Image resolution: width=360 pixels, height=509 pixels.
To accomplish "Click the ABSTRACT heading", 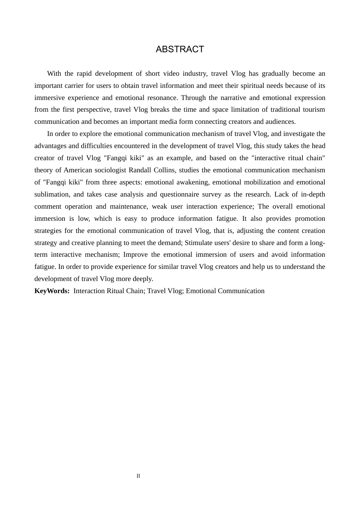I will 180,49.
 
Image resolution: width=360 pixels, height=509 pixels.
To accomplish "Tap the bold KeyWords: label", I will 52,291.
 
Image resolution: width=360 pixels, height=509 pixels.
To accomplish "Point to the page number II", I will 138,476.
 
